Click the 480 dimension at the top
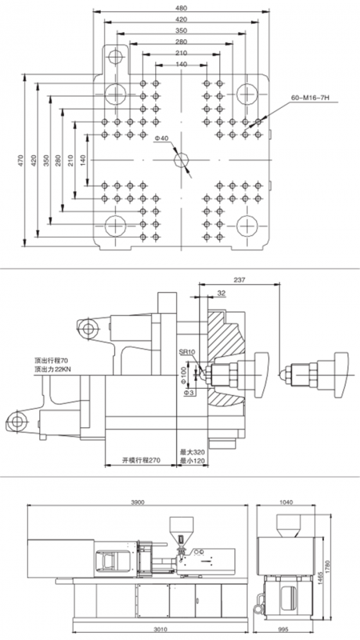tap(182, 8)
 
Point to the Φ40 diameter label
tap(162, 138)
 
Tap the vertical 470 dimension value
tap(21, 160)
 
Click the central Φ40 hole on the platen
tap(182, 159)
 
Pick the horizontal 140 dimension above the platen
tap(182, 64)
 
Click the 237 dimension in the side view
tap(238, 281)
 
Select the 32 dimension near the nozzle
tap(222, 293)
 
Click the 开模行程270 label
tap(142, 460)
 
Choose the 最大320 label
tap(191, 452)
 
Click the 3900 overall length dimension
tap(138, 502)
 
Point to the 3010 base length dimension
tap(162, 629)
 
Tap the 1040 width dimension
tap(287, 502)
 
